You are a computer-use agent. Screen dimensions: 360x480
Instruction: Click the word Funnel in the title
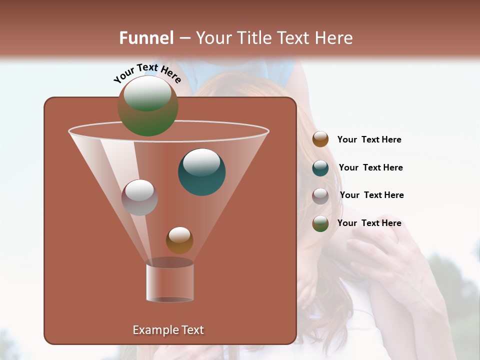(146, 38)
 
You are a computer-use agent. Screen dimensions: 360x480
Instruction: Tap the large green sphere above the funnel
(148, 106)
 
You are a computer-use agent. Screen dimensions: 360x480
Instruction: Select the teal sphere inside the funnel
(202, 171)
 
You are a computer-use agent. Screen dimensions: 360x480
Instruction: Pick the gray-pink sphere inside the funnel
(139, 197)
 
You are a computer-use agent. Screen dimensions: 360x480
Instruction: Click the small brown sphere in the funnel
(179, 240)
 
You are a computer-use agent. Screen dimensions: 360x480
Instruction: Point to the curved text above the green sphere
(147, 73)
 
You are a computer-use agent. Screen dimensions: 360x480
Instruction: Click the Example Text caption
(168, 330)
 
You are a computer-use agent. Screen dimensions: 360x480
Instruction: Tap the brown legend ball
(320, 139)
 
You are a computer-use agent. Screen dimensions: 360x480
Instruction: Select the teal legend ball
(320, 168)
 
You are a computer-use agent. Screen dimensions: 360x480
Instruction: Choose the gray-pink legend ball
(320, 196)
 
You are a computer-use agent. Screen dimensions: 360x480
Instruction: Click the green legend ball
(320, 223)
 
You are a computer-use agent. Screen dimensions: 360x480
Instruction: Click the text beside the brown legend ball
(369, 139)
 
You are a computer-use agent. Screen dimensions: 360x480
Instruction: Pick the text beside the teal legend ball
(370, 167)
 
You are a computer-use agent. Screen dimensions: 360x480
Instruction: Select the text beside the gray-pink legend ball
(371, 195)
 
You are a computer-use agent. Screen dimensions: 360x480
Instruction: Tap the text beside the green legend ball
(369, 223)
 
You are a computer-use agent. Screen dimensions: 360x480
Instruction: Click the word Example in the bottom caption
(154, 330)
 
